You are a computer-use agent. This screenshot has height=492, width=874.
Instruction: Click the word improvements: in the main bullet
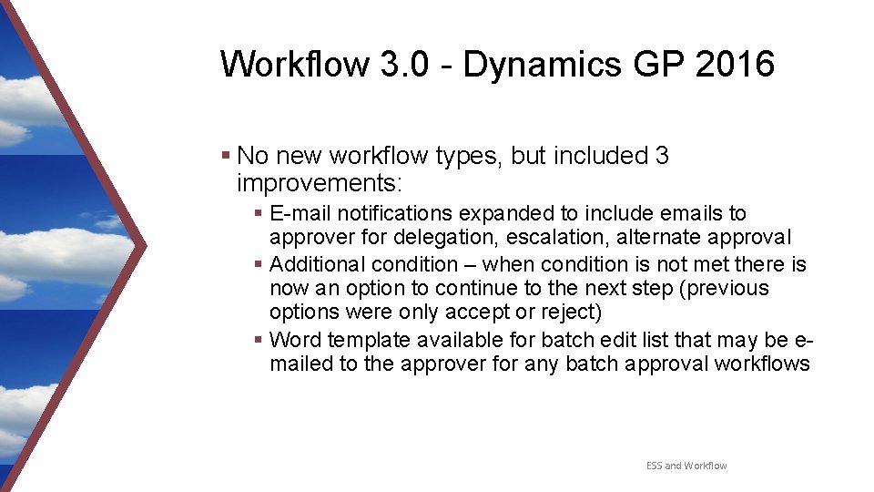(319, 182)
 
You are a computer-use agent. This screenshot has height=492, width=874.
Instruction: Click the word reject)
(570, 313)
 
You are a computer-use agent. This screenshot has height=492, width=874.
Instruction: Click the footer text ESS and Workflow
(686, 466)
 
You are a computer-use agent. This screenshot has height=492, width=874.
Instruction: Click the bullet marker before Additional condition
(259, 264)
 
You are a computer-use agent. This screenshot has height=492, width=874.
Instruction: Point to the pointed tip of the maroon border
(146, 245)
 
